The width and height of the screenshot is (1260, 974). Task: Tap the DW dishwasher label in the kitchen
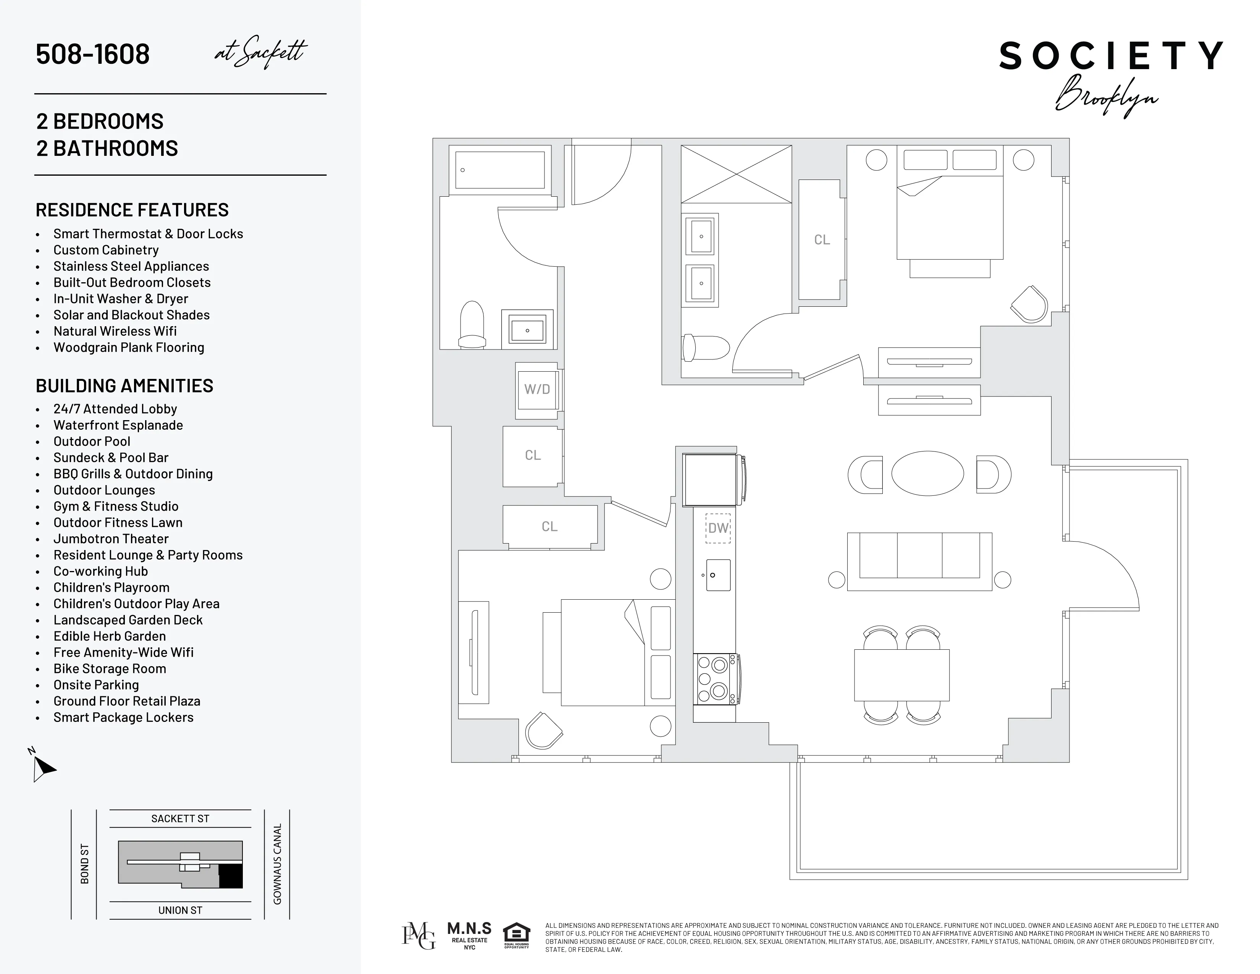coord(718,528)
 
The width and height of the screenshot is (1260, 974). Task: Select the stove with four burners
coord(715,679)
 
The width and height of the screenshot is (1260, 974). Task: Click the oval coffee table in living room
coord(927,473)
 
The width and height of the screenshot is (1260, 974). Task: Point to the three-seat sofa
coord(919,561)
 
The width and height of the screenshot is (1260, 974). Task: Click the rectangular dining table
coord(901,675)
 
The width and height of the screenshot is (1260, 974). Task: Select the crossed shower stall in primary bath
coord(736,174)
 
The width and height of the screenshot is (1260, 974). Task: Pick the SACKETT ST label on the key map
coord(180,818)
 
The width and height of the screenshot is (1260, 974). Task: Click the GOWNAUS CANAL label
coord(278,863)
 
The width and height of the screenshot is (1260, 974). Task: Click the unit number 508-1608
coord(93,54)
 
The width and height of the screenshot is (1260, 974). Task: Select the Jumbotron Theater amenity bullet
coord(111,539)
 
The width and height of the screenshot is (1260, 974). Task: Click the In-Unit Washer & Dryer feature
coord(121,299)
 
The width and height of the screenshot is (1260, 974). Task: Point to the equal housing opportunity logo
coord(516,935)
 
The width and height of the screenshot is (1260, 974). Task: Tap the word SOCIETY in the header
coord(1111,56)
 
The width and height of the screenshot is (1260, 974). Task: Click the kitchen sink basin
coord(718,575)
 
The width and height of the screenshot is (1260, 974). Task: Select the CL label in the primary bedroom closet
coord(822,240)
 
